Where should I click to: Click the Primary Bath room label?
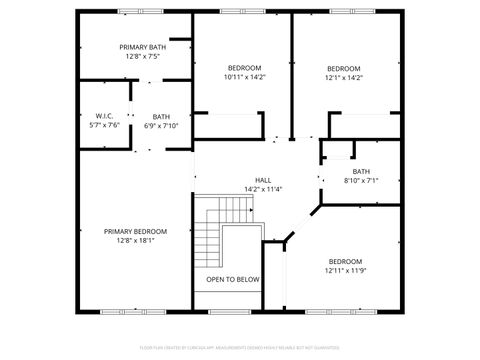pos(143,47)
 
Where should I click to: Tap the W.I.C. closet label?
pos(104,116)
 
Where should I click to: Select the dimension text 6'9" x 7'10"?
pos(161,126)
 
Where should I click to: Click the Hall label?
pos(263,180)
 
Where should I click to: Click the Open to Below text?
pos(233,279)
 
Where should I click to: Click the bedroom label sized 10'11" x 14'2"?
pos(244,67)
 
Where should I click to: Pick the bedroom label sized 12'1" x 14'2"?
pos(344,67)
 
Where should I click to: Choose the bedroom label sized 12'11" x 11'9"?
pos(345,261)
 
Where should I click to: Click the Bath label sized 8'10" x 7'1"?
pos(361,171)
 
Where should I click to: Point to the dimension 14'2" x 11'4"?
pos(263,189)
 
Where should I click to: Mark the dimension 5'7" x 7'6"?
pos(104,126)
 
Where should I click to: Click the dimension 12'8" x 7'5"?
pos(143,57)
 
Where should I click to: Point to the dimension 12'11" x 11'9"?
pos(345,271)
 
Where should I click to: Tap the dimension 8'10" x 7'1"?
pos(361,181)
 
